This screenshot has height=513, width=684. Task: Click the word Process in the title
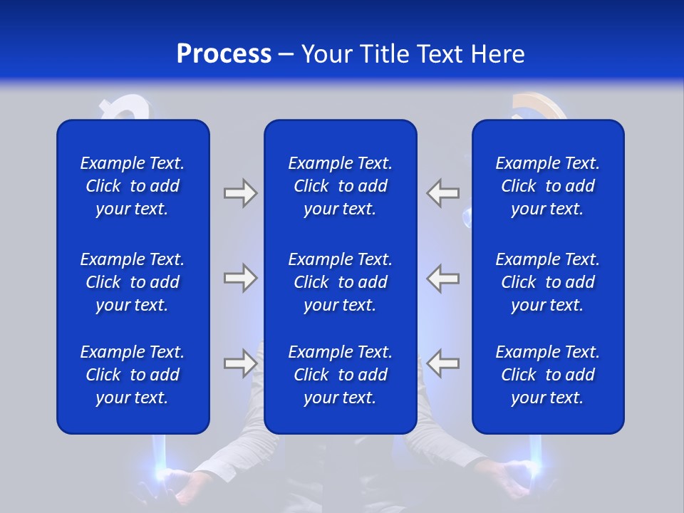pyautogui.click(x=224, y=54)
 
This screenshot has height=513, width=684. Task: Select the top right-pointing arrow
pyautogui.click(x=240, y=193)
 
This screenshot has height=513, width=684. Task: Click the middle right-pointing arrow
pyautogui.click(x=240, y=278)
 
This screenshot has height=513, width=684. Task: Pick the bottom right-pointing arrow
pyautogui.click(x=240, y=363)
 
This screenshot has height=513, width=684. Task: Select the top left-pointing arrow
pyautogui.click(x=443, y=193)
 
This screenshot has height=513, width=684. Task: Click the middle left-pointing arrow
pyautogui.click(x=443, y=278)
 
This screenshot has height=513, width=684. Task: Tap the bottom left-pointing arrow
pyautogui.click(x=443, y=363)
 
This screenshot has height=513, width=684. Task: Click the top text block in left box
pyautogui.click(x=133, y=186)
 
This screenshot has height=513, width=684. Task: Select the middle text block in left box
pyautogui.click(x=133, y=282)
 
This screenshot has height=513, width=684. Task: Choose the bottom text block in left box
pyautogui.click(x=133, y=375)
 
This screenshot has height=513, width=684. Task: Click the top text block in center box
pyautogui.click(x=340, y=186)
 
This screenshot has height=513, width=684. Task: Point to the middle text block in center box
pyautogui.click(x=340, y=282)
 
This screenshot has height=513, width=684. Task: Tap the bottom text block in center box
pyautogui.click(x=340, y=375)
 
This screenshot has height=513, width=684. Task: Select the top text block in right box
pyautogui.click(x=547, y=186)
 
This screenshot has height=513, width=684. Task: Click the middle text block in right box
pyautogui.click(x=547, y=282)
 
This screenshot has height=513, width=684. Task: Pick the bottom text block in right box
pyautogui.click(x=547, y=375)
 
